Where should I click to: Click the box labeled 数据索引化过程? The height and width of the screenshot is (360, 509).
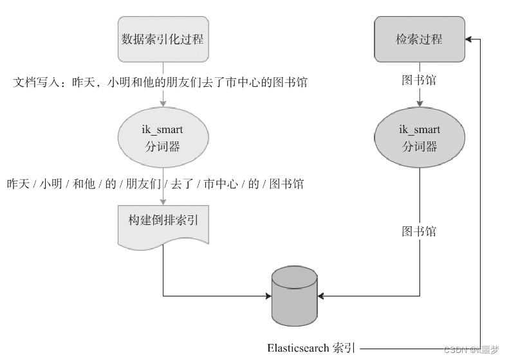(x=163, y=39)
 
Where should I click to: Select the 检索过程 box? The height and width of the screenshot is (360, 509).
(x=419, y=39)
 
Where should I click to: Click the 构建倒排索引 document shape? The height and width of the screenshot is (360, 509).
(x=163, y=222)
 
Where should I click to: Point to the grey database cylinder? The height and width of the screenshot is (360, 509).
(x=295, y=296)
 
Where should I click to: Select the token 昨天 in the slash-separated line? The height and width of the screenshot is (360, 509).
(x=18, y=184)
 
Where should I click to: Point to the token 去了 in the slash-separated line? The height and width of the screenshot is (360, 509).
(x=181, y=184)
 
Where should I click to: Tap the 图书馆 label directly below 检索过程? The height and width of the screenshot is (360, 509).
(x=419, y=80)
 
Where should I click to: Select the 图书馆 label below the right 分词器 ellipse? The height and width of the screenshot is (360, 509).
(x=419, y=231)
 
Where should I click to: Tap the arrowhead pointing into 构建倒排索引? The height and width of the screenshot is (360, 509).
(x=163, y=201)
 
